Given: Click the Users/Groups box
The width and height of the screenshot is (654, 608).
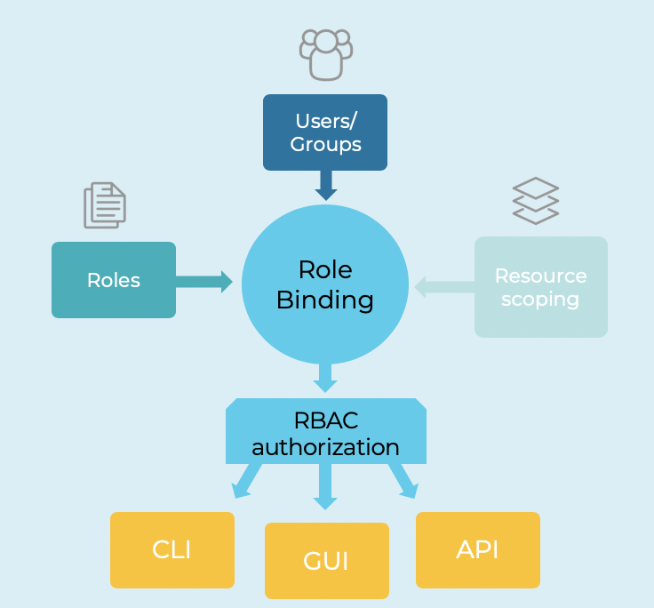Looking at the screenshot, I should pos(325,132).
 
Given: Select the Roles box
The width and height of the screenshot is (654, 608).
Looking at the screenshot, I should pos(114,280).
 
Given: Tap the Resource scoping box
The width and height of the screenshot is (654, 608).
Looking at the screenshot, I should pos(540,287).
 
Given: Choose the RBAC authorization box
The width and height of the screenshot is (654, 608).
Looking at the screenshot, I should pos(325,432).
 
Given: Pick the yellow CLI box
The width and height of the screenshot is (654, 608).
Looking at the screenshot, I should pos(171,549).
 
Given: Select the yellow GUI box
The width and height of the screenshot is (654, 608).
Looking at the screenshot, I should pos(326,561).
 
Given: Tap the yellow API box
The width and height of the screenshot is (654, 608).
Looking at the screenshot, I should pos(477,549).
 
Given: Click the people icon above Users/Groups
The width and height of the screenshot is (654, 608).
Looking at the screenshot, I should pos(325,52).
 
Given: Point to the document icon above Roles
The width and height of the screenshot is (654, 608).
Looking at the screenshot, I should pos(105,204).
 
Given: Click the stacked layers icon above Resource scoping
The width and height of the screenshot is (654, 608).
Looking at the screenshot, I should pos(536,201).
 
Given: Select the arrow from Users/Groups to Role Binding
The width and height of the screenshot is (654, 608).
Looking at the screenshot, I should pos(326,185).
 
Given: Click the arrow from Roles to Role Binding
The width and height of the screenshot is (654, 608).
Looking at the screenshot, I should pos(203,282).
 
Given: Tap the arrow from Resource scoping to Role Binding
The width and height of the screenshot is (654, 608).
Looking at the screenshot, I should pos(444,287).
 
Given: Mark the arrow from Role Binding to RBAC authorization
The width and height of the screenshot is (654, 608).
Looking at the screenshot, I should pos(325,377).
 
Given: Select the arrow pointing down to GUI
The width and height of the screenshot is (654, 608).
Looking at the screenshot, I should pos(325,487).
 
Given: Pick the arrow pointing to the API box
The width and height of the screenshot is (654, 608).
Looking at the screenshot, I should pos(403,481).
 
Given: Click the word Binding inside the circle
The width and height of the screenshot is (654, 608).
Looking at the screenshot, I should pos(325,300).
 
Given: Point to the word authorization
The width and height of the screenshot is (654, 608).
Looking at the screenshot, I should pos(325,446).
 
